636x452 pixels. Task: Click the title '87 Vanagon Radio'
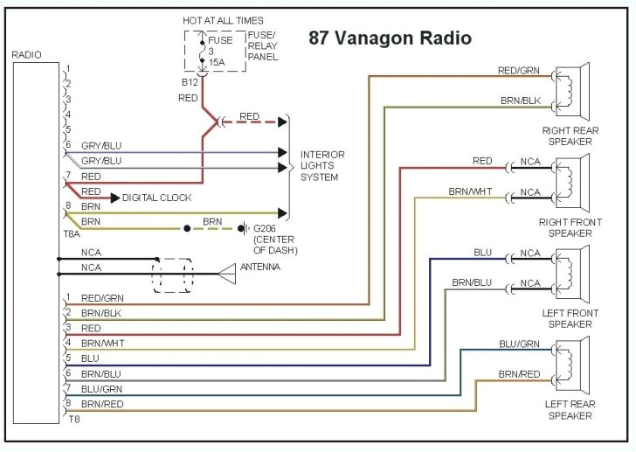tap(390, 38)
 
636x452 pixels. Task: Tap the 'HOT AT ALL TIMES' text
tap(222, 20)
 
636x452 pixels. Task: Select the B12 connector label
tap(190, 82)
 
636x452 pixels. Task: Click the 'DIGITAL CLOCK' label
tap(157, 198)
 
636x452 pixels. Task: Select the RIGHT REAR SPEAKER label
tap(570, 136)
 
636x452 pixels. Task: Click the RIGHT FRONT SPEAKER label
tap(570, 227)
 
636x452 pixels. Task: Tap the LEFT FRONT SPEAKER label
tap(570, 318)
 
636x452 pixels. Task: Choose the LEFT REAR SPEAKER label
tap(570, 409)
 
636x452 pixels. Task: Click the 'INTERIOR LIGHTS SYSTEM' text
tap(322, 165)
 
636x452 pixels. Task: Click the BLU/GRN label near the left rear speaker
tap(519, 344)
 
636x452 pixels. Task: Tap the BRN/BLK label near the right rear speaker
tap(520, 101)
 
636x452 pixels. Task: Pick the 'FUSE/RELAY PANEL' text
tap(262, 45)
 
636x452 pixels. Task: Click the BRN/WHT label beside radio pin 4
tap(102, 344)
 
